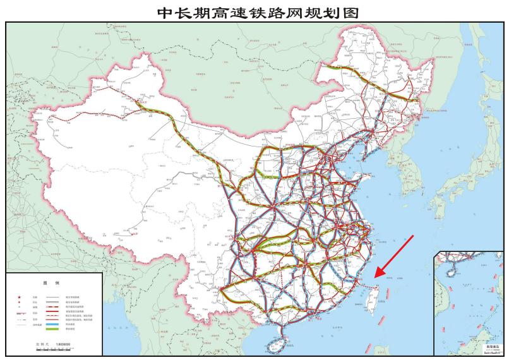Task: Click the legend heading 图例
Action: click(54, 284)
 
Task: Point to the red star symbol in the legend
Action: click(19, 297)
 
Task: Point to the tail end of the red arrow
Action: click(413, 236)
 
